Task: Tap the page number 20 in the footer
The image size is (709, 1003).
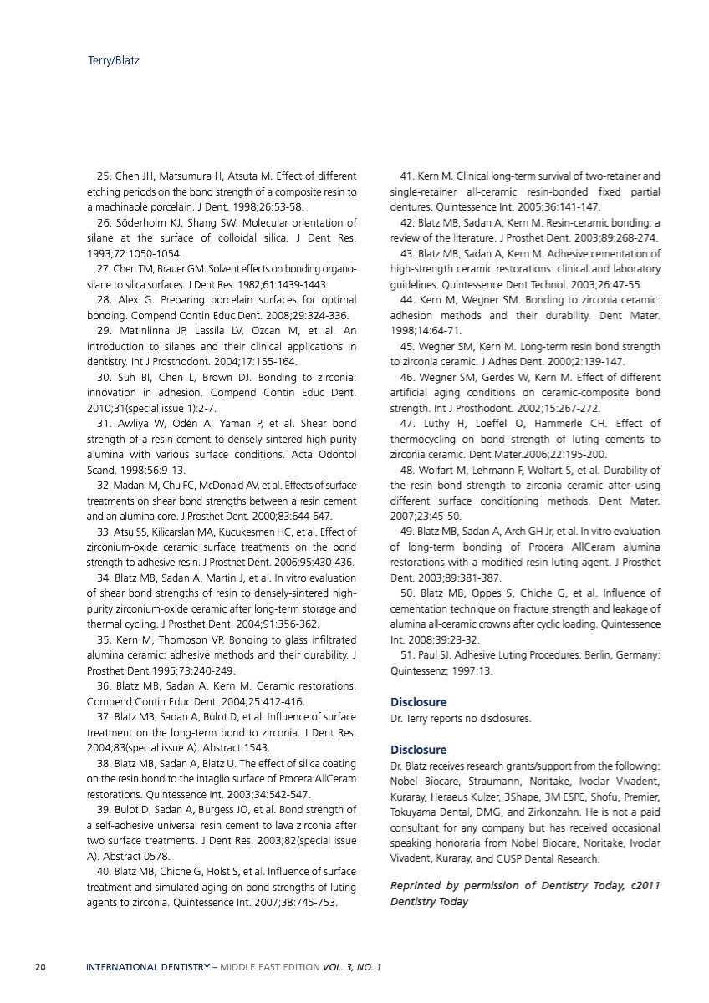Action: click(39, 968)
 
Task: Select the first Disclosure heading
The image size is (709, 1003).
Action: click(418, 702)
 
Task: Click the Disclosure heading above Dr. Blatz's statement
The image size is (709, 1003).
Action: click(418, 750)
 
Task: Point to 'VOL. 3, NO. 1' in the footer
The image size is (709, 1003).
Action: click(351, 968)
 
